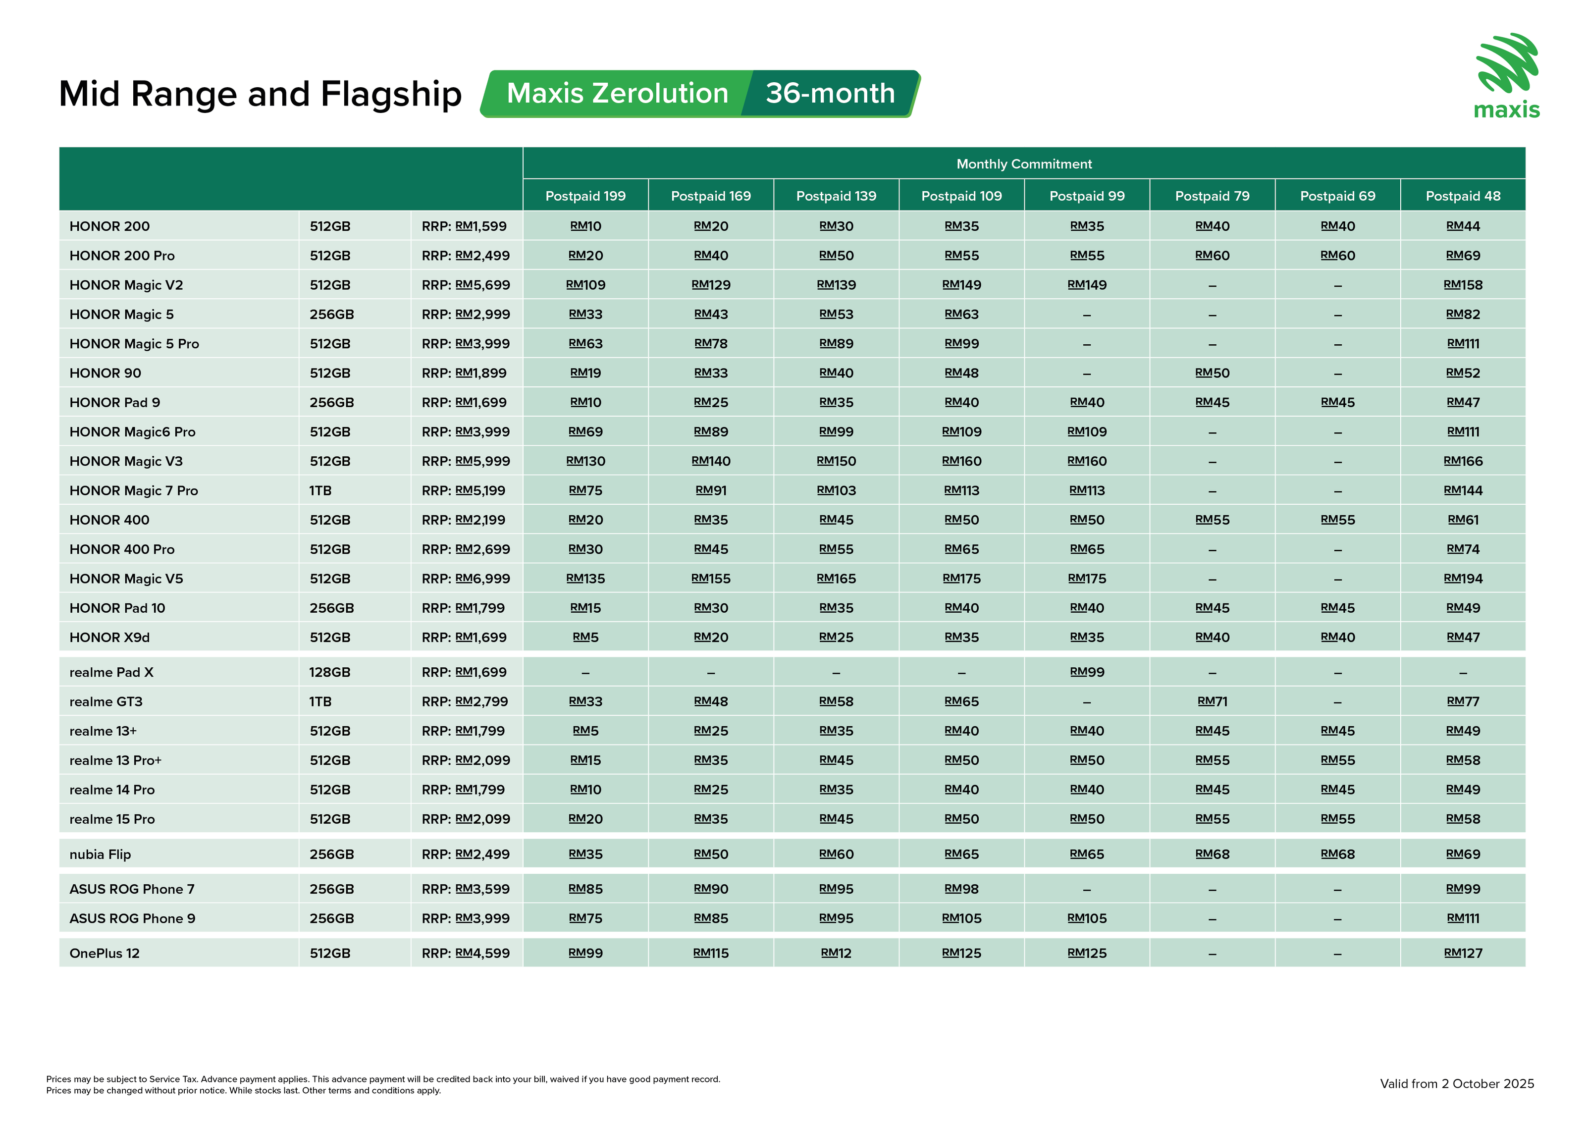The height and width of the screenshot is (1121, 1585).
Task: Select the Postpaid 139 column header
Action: coord(836,196)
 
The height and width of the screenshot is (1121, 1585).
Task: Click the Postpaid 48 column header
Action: coord(1463,196)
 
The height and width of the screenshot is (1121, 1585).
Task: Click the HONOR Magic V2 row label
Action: coord(126,285)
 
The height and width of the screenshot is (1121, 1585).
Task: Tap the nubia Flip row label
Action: coord(100,854)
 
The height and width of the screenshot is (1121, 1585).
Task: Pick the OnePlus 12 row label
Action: coord(104,953)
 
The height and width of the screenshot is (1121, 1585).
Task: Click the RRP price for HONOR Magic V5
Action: coord(466,579)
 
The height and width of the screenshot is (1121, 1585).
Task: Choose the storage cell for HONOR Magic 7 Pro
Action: coord(320,491)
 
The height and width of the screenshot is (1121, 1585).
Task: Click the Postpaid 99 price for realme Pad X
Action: coord(1087,672)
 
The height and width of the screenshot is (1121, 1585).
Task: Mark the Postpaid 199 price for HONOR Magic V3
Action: coord(585,461)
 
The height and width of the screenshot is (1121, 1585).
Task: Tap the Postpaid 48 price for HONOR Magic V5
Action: coord(1463,579)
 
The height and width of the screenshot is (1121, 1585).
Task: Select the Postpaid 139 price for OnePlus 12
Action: coord(836,953)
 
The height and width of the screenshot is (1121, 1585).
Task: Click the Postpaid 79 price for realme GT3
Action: coord(1212,702)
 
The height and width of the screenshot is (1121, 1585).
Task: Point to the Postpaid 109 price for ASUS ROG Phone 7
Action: coord(961,889)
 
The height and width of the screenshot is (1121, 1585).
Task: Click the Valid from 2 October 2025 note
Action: coord(1457,1084)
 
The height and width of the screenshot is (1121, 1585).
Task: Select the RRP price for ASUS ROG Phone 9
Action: coord(466,919)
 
